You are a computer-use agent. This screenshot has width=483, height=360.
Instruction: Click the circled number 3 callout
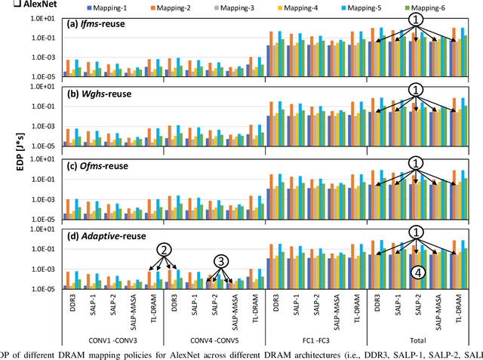click(222, 261)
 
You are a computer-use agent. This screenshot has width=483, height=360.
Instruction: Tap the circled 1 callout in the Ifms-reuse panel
click(416, 18)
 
